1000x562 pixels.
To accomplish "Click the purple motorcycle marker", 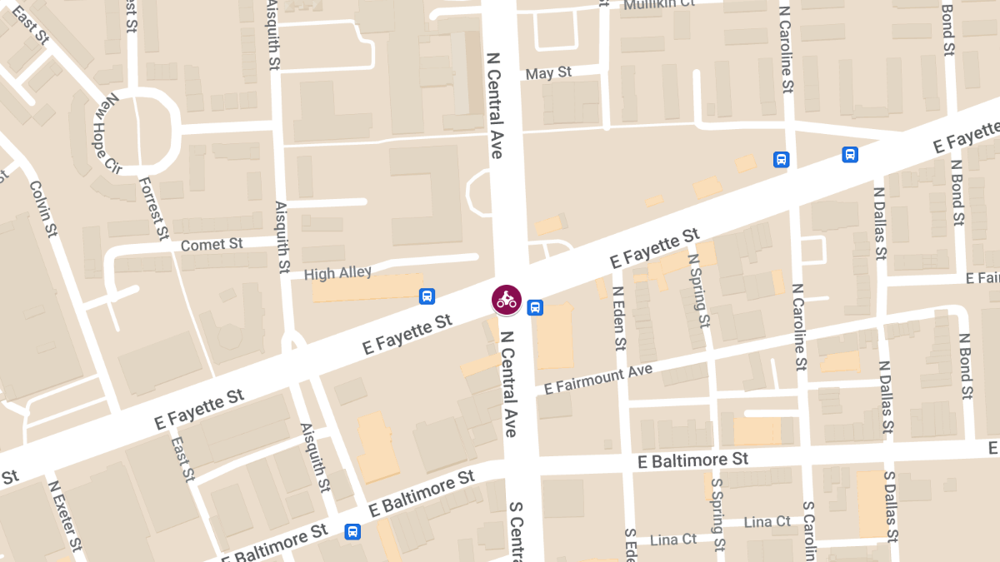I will click(x=507, y=299).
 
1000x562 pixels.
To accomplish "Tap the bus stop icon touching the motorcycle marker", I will click(x=535, y=307).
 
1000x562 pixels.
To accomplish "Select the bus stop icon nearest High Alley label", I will click(x=427, y=296).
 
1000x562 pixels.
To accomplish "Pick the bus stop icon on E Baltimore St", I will click(x=352, y=531).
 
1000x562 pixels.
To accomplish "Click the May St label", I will click(x=548, y=73).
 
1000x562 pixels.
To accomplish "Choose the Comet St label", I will click(x=212, y=245).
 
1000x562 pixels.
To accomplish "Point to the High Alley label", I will click(x=337, y=273).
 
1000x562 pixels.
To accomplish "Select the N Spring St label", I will click(x=699, y=291).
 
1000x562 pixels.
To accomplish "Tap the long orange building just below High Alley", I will click(x=367, y=288).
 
